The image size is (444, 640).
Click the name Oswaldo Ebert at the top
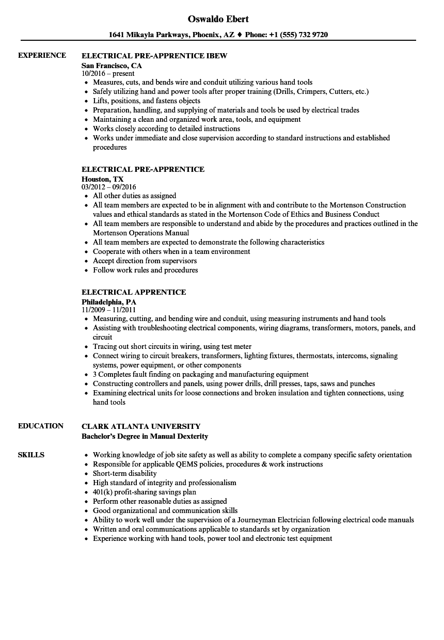point(218,19)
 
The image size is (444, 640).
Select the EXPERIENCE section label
point(42,55)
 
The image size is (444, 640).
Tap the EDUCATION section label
point(41,426)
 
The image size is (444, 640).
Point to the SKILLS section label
point(31,455)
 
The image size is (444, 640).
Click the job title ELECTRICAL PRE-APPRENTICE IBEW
point(154,55)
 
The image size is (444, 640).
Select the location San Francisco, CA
point(112,66)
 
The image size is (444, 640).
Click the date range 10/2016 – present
point(108,74)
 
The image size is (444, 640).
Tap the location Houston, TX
point(102,179)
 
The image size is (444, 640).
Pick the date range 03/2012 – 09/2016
point(108,187)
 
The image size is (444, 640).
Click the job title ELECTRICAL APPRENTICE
point(134,292)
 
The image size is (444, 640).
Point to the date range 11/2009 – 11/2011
point(108,310)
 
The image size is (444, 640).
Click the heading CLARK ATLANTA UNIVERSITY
point(141,426)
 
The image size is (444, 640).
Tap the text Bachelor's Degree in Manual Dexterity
point(145,436)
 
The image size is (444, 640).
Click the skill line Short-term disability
point(124,473)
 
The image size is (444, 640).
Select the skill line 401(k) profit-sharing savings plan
point(145,492)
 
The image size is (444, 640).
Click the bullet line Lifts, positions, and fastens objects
point(146,101)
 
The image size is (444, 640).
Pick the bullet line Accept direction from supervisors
point(145,261)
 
